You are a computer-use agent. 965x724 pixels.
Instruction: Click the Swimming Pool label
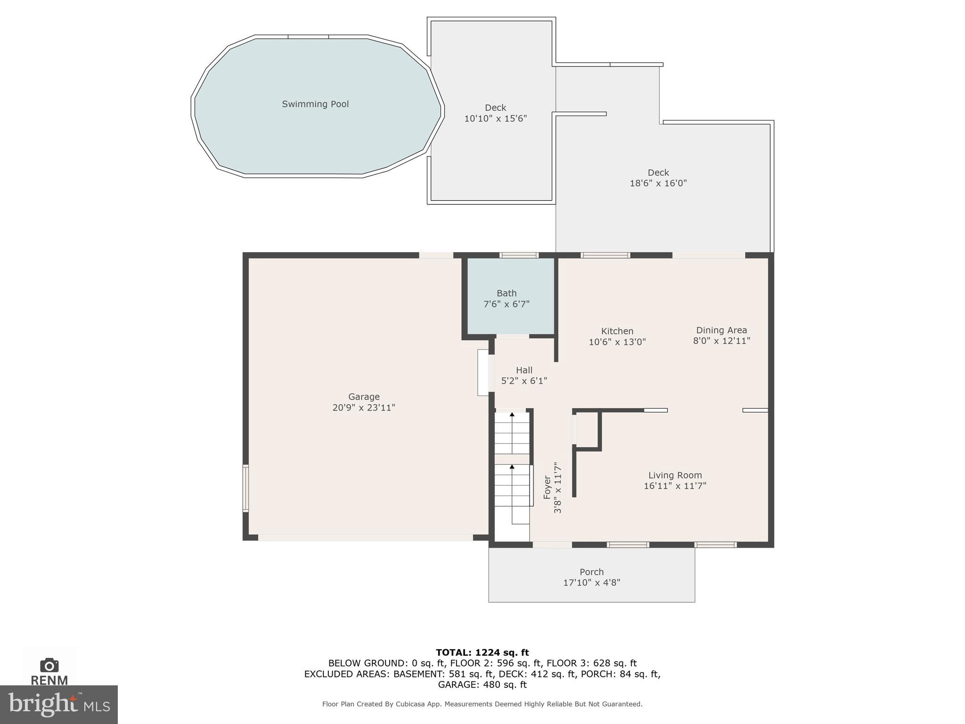(x=315, y=104)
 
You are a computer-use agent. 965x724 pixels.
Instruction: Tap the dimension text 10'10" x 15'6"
(x=495, y=119)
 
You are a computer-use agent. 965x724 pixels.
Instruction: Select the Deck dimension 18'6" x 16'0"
(x=658, y=183)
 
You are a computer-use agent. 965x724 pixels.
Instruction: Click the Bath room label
(x=507, y=293)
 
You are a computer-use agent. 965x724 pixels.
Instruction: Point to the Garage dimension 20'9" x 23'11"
(x=363, y=408)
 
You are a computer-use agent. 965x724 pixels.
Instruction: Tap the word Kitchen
(x=617, y=331)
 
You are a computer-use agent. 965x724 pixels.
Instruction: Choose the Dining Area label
(x=721, y=330)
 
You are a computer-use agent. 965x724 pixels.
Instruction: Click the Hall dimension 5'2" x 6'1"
(x=524, y=381)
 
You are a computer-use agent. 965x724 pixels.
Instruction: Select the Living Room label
(x=675, y=475)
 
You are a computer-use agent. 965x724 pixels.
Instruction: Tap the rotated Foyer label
(x=547, y=487)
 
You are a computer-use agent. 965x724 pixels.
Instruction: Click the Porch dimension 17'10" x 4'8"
(x=591, y=583)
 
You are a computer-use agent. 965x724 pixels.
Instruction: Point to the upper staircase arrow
(x=512, y=414)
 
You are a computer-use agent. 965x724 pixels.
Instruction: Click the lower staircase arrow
(x=512, y=467)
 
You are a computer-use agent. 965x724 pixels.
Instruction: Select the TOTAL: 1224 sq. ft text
(x=482, y=652)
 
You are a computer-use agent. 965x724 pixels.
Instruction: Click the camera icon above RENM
(x=49, y=665)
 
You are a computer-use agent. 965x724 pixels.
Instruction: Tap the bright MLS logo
(x=58, y=704)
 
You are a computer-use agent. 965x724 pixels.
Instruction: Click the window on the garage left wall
(x=245, y=488)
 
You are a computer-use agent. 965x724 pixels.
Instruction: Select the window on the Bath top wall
(x=519, y=255)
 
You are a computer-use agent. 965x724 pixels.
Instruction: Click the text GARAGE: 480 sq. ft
(x=482, y=684)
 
